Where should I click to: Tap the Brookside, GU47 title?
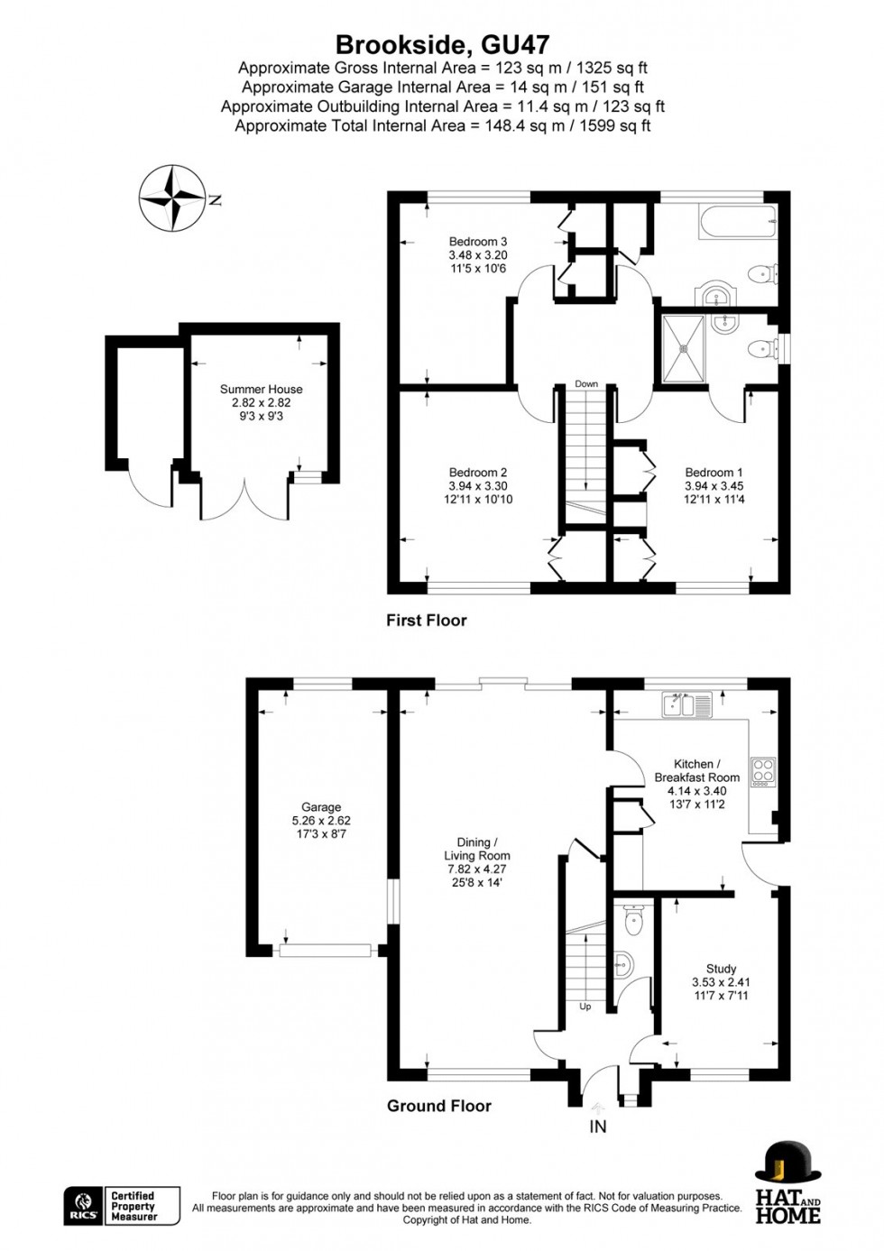pos(442,45)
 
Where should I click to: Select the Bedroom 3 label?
pos(478,242)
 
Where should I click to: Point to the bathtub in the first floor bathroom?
pos(737,222)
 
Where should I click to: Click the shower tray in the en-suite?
pos(683,347)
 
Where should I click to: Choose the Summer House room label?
pos(262,390)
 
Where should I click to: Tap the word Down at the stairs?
pos(586,383)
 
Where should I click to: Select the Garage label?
pos(321,807)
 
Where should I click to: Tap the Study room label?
pos(721,969)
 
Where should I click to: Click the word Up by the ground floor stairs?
pos(585,1007)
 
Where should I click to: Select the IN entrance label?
pos(597,1127)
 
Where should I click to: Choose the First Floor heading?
pos(426,621)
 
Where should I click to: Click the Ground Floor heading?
pos(439,1106)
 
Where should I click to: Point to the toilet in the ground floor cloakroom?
pos(634,919)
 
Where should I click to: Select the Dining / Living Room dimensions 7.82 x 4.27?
pos(477,869)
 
